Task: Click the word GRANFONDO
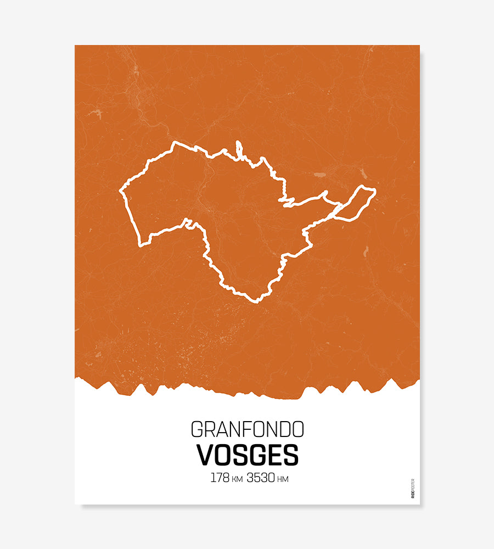[x=247, y=429]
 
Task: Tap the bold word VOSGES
[x=247, y=455]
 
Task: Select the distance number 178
[x=220, y=478]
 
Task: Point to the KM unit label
[x=237, y=479]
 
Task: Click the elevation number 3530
[x=261, y=478]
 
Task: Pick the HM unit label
[x=283, y=479]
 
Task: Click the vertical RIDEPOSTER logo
[x=412, y=489]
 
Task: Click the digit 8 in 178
[x=226, y=478]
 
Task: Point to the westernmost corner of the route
[x=120, y=191]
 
